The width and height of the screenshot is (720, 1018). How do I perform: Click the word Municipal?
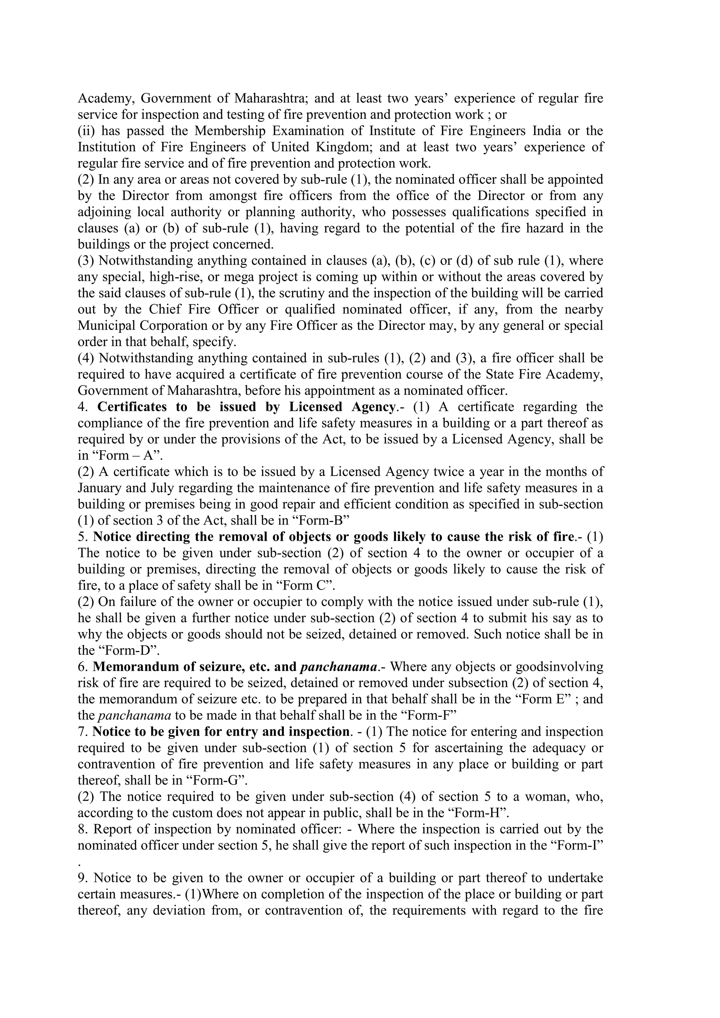point(107,326)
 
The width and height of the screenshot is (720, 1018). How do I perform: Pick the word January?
point(100,488)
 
